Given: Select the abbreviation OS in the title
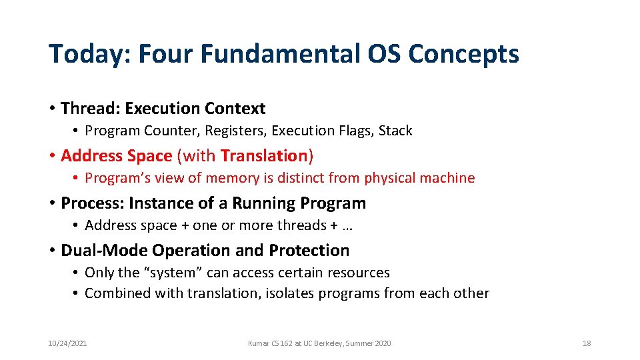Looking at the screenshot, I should [x=385, y=54].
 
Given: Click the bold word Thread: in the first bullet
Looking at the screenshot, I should [x=90, y=108].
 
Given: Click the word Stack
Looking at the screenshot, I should [x=395, y=131].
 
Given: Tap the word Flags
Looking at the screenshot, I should [x=354, y=131].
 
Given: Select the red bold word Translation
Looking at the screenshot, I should [x=263, y=155].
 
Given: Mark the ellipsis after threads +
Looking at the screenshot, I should [x=347, y=226].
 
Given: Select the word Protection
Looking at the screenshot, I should [x=309, y=250].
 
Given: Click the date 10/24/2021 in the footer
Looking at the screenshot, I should [x=67, y=343].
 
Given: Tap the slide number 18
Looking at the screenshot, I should [x=587, y=343].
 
